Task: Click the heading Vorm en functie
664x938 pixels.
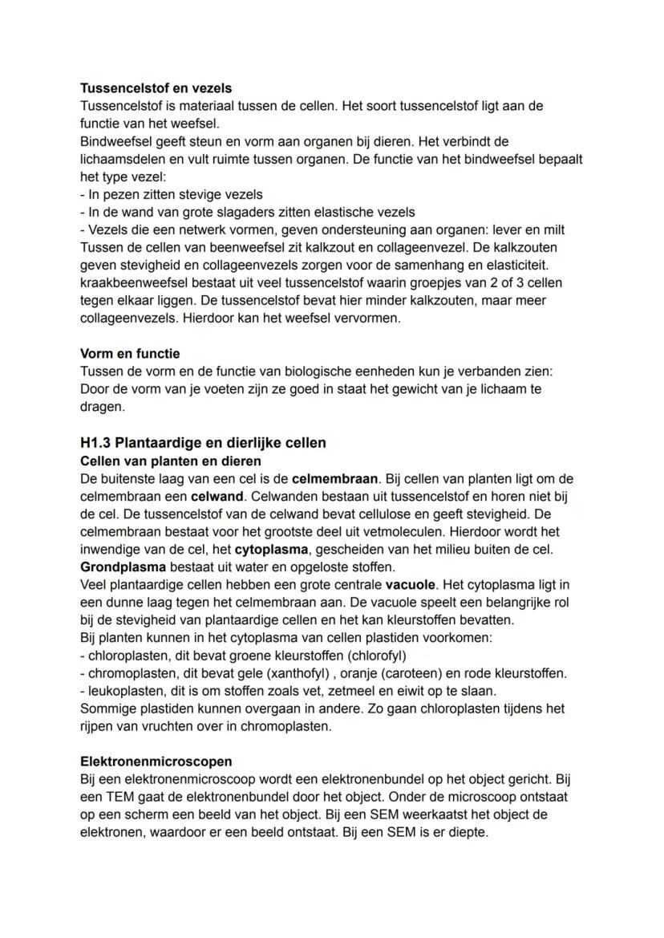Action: (130, 353)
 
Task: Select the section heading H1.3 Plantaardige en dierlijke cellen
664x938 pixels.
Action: (203, 443)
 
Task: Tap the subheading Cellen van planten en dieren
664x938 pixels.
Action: (170, 461)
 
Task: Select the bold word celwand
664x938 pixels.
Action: (217, 497)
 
